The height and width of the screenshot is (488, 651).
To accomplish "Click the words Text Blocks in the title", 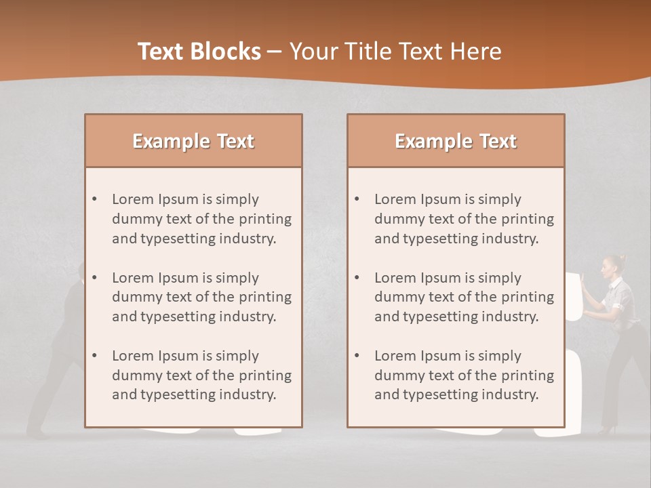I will [x=199, y=52].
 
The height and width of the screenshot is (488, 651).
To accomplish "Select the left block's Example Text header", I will [x=193, y=141].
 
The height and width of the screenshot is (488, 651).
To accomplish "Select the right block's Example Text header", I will [x=456, y=141].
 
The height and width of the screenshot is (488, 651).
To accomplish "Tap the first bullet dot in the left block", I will [x=94, y=199].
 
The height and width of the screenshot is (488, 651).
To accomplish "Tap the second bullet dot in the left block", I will [x=94, y=278].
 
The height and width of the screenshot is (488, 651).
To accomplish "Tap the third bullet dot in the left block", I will [x=94, y=356].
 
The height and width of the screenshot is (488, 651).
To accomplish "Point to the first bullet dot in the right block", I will [x=357, y=199].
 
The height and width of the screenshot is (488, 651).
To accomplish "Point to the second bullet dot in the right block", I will [x=357, y=278].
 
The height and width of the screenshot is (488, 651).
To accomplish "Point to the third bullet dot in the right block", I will [x=357, y=356].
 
